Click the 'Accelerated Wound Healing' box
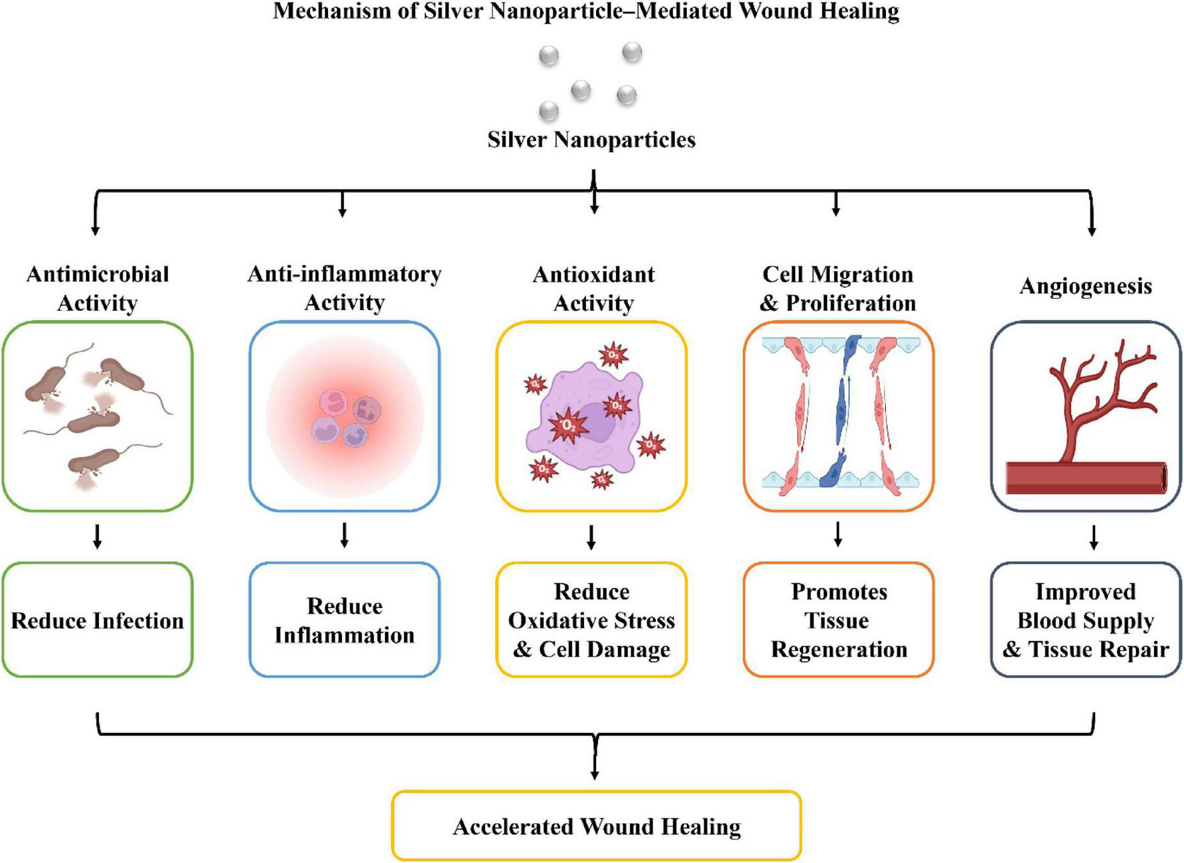(596, 826)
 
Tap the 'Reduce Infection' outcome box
(98, 620)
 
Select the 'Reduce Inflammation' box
(345, 620)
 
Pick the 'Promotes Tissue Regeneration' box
(839, 620)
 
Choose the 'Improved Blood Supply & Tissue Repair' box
(1086, 620)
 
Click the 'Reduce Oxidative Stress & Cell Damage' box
(591, 620)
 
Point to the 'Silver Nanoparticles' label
(591, 140)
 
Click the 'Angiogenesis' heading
(1086, 286)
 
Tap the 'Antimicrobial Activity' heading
(98, 288)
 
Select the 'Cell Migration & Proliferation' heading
(838, 288)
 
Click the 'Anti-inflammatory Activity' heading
(345, 288)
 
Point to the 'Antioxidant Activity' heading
(593, 288)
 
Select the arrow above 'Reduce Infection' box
(98, 536)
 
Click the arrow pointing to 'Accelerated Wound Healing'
(594, 757)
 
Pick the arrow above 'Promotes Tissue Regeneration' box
(838, 534)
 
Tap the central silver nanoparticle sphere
(581, 90)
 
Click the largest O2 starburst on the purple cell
(569, 425)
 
